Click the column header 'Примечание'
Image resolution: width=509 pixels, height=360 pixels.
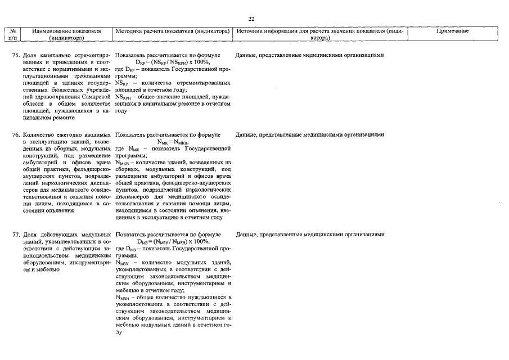coord(452,30)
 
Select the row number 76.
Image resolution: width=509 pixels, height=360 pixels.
coord(16,135)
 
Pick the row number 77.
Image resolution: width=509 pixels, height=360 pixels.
coord(16,234)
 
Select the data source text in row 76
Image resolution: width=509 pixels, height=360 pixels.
coord(310,135)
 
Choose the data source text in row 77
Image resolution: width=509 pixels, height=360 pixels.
coord(310,234)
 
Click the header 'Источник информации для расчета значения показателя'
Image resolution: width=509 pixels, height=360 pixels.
coord(319,34)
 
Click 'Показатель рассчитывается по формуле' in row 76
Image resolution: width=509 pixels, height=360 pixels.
coord(167,135)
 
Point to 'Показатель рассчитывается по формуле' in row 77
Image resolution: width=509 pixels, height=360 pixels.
coord(167,234)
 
